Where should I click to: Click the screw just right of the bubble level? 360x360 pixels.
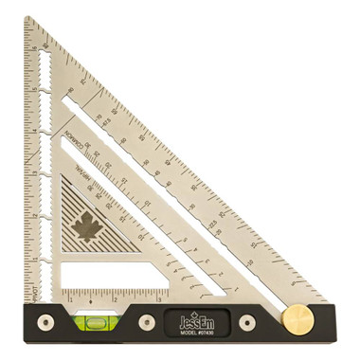click(147, 322)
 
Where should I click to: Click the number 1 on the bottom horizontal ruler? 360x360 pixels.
click(69, 297)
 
